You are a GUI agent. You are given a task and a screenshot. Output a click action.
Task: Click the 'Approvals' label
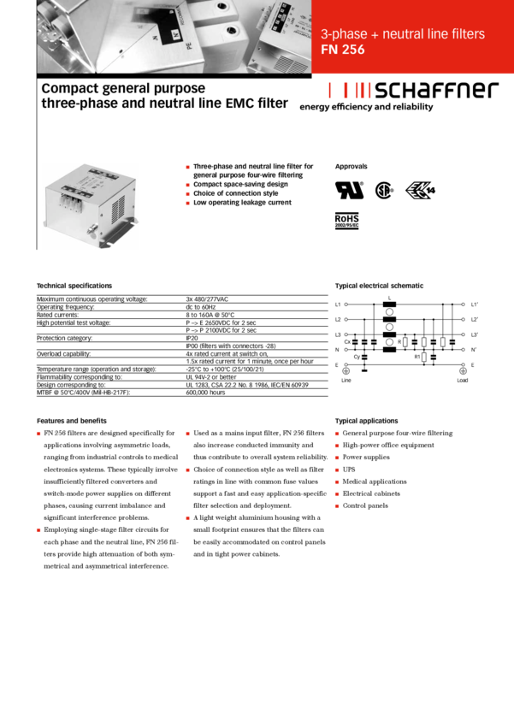click(351, 164)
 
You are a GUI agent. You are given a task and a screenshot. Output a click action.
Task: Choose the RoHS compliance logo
click(346, 220)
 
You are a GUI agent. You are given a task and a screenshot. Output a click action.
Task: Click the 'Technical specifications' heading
click(74, 285)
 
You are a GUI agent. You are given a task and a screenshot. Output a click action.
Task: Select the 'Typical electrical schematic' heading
click(379, 285)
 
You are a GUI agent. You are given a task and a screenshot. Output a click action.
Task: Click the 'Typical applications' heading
click(366, 421)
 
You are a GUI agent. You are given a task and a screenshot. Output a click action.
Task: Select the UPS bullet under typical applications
click(348, 470)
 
